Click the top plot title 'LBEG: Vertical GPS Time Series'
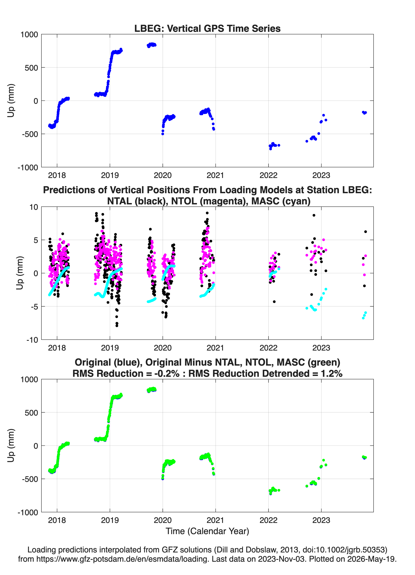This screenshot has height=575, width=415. [x=207, y=28]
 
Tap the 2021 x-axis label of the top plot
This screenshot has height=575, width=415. [x=215, y=175]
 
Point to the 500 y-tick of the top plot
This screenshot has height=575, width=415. [x=31, y=68]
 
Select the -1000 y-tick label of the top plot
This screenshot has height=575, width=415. [x=28, y=167]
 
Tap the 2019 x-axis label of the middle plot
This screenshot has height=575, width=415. [x=110, y=348]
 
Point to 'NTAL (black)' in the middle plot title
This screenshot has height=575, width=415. [x=137, y=201]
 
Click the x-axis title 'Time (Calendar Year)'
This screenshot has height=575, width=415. [x=207, y=531]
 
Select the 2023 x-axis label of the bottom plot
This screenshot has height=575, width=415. [x=321, y=520]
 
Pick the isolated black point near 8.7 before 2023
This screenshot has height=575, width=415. [x=314, y=215]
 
